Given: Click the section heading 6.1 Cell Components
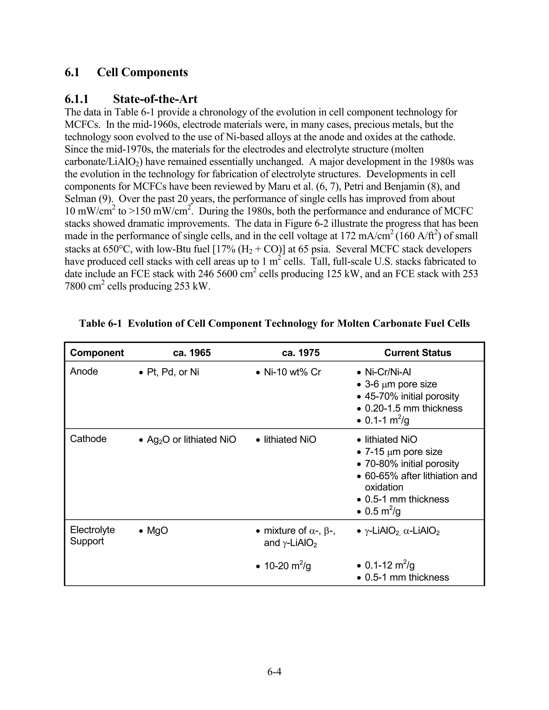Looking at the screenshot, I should tap(126, 72).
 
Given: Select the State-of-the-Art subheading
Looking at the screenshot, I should tap(155, 99).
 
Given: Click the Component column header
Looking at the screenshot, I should tap(97, 353).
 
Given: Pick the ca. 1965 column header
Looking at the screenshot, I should tap(192, 353).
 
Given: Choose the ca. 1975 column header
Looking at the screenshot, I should tap(301, 353).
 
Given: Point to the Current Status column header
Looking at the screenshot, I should tap(418, 353).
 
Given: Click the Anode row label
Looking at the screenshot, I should tap(84, 371).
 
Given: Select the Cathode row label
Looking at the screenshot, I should tap(88, 439).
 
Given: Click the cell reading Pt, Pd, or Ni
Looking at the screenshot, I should tap(173, 372).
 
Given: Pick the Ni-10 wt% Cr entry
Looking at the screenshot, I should tap(292, 372).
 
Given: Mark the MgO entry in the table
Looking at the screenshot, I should tap(157, 530).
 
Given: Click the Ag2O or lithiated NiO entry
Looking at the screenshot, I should tap(191, 439).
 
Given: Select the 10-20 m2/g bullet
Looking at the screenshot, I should tap(288, 566).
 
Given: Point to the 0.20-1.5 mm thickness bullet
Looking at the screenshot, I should tap(413, 408).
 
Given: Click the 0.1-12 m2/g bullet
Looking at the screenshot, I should tap(389, 565).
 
